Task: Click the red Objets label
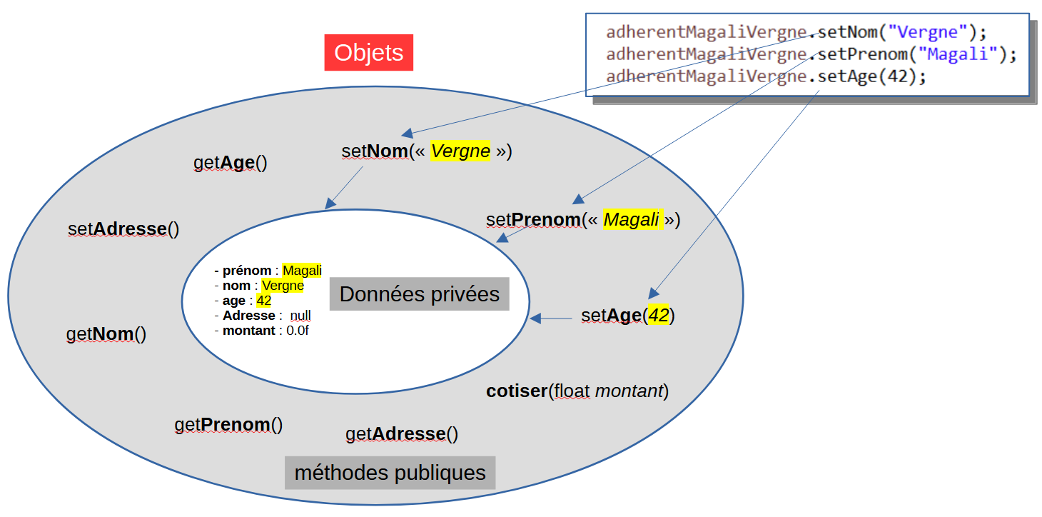coord(368,53)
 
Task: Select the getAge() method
coord(230,163)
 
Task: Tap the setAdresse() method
coord(123,229)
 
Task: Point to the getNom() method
coord(106,334)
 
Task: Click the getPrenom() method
coord(228,425)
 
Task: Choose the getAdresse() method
coord(401,433)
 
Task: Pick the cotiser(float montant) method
coord(577,391)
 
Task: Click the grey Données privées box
coord(419,294)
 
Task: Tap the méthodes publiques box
coord(390,473)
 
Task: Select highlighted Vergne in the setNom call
coord(460,151)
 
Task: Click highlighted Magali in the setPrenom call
coord(631,220)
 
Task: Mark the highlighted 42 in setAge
coord(658,316)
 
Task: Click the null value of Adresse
coord(300,316)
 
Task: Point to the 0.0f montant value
coord(297,331)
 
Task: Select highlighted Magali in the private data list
coord(302,271)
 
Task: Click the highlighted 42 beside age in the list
coord(263,301)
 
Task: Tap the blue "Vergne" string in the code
coord(927,32)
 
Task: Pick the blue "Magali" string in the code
coord(957,54)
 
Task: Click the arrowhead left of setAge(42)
coord(536,318)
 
